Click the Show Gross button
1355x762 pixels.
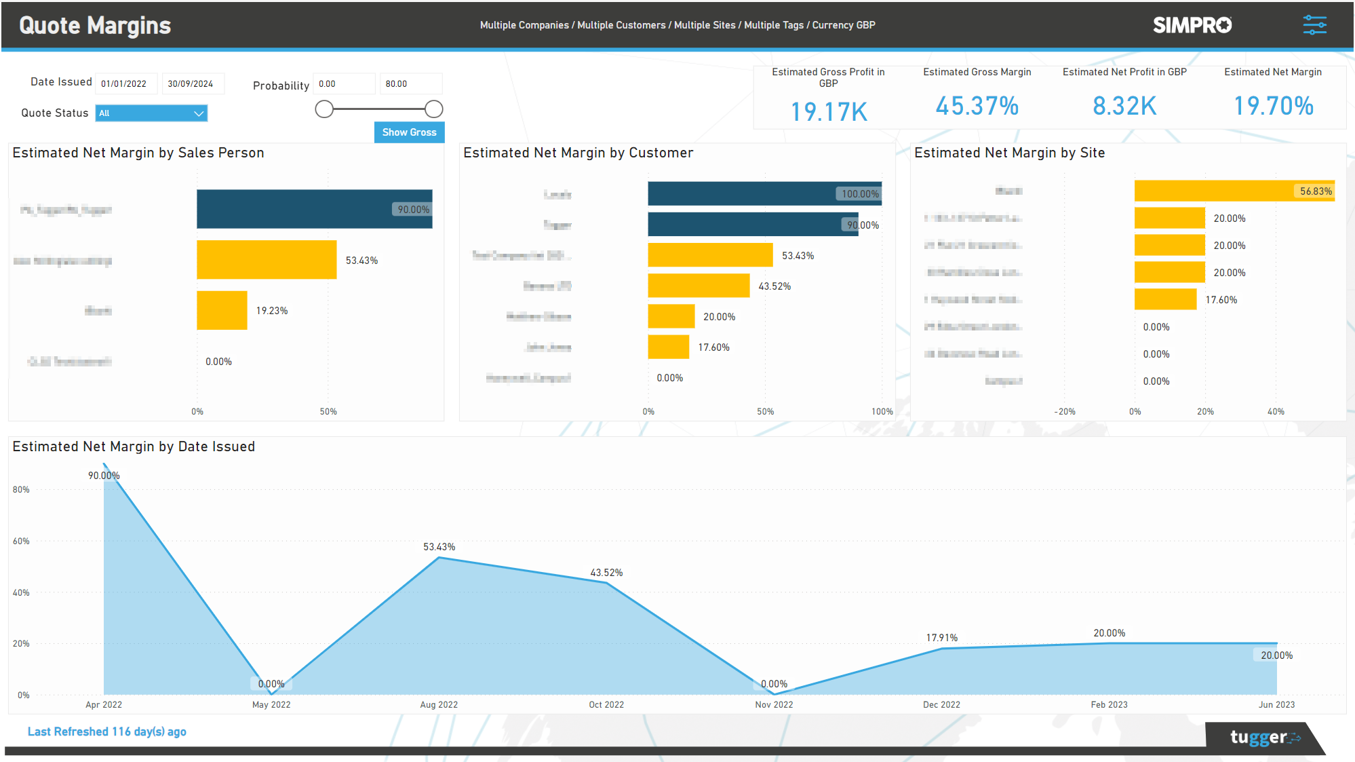(x=409, y=132)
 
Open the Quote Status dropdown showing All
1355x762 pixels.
(x=151, y=113)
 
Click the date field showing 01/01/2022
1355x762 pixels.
(x=125, y=84)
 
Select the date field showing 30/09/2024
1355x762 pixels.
(x=192, y=84)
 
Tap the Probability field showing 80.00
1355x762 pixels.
(x=410, y=84)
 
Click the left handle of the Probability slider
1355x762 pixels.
(x=324, y=109)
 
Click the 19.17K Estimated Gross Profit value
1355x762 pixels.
(x=828, y=112)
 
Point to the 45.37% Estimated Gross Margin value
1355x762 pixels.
(x=977, y=106)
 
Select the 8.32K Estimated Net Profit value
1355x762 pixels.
(x=1124, y=106)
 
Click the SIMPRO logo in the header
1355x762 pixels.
(x=1192, y=25)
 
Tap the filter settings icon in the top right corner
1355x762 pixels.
(x=1314, y=25)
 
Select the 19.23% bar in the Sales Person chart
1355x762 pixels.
(x=222, y=311)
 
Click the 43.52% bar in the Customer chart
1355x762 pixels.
(x=699, y=286)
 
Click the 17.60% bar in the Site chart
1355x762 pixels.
(x=1165, y=299)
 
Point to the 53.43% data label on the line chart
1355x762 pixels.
(x=439, y=547)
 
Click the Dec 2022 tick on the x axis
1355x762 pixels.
(x=941, y=705)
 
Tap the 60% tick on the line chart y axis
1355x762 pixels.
(x=21, y=541)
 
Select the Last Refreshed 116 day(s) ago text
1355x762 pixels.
(x=106, y=731)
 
